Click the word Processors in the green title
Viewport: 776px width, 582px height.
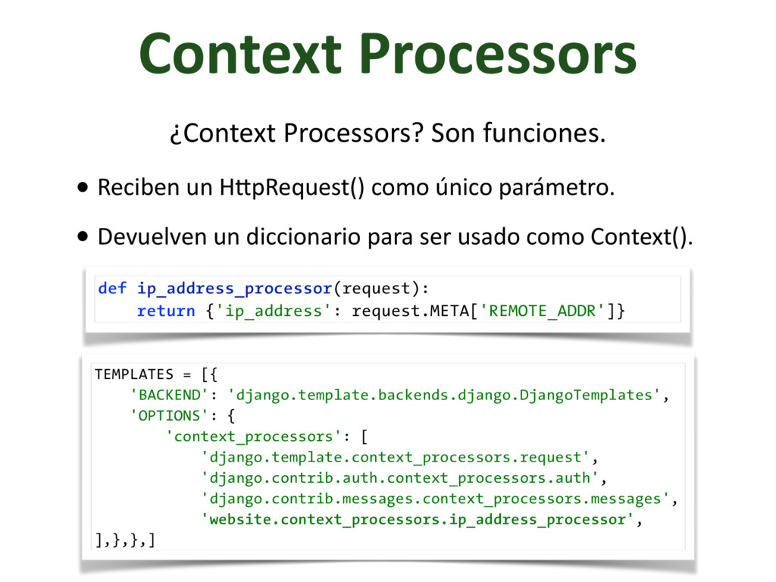click(498, 55)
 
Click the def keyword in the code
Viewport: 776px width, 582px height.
click(112, 289)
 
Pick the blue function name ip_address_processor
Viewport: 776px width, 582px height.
click(234, 289)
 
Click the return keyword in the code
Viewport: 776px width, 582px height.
click(166, 311)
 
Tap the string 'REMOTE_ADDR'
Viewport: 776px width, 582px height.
click(543, 311)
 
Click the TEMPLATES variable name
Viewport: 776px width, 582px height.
click(133, 374)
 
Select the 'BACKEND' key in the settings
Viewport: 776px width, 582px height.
click(171, 395)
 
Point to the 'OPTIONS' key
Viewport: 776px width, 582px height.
click(171, 416)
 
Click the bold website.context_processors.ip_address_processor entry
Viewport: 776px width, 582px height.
click(418, 520)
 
